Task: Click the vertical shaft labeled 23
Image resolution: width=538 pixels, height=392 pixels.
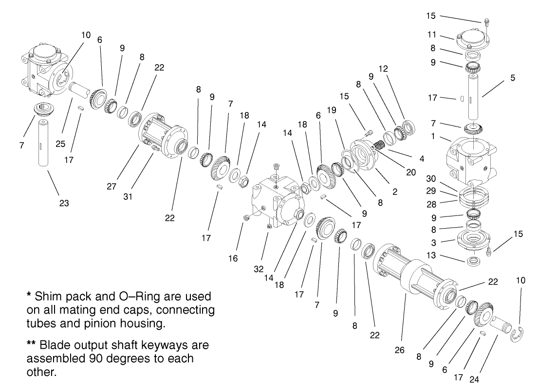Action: point(43,144)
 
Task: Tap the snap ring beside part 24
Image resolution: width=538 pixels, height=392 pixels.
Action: point(519,335)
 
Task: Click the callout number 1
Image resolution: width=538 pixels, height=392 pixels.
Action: point(432,137)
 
